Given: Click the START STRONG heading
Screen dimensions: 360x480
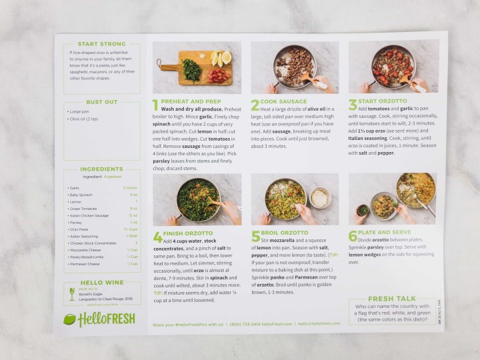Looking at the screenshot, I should [101, 43].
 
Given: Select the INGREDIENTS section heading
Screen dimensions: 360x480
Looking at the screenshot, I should [101, 169].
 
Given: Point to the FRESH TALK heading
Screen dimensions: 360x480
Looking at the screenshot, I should [392, 299].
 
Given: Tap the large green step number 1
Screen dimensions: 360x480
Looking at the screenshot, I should [156, 105].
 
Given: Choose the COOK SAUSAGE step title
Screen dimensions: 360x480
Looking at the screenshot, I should [284, 101].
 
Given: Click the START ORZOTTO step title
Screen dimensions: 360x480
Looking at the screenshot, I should [385, 101].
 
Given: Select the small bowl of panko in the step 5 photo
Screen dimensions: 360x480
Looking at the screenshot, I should [321, 197].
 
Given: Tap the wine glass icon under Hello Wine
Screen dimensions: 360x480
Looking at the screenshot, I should [72, 294].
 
